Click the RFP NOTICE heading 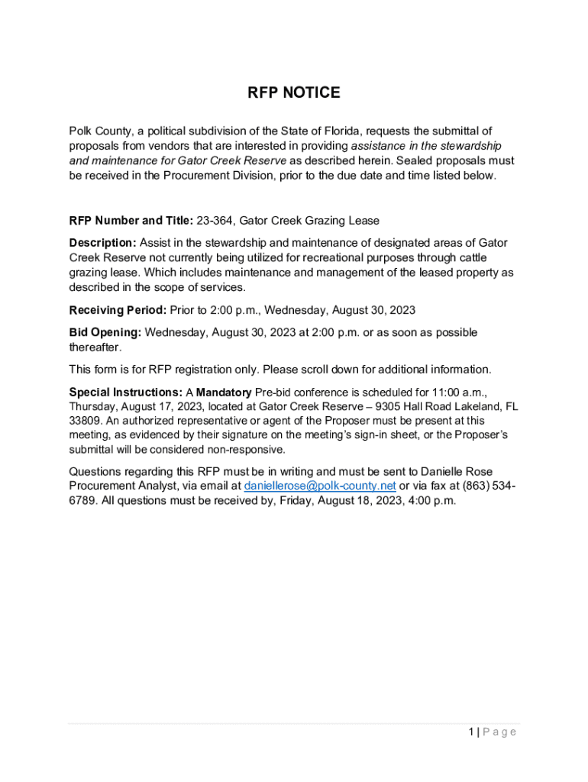pos(294,93)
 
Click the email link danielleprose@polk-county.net pos(319,486)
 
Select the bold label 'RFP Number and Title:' pos(130,221)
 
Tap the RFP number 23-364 pos(215,221)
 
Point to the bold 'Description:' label pos(102,243)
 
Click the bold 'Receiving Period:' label pos(117,310)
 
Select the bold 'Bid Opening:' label pos(105,332)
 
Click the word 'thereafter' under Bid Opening pos(94,347)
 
